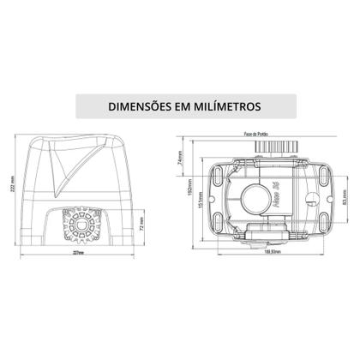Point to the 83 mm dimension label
click(343, 204)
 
